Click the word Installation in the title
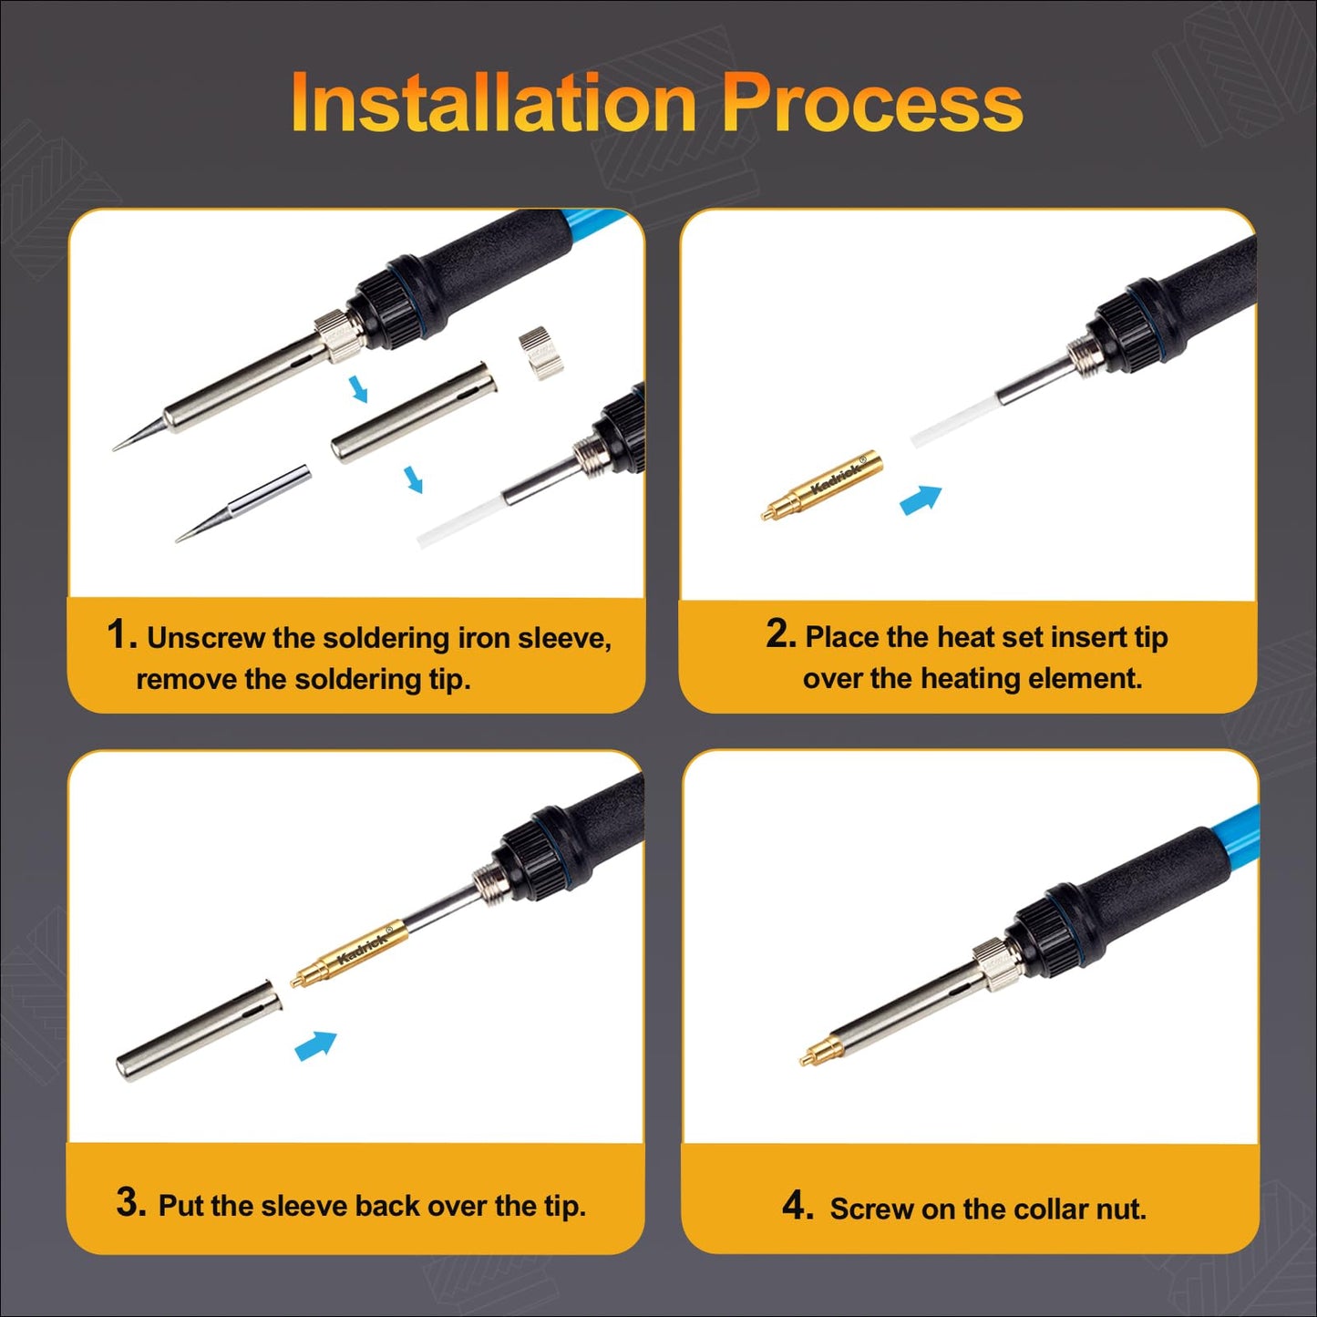click(493, 103)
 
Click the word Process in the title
click(872, 103)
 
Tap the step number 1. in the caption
click(121, 634)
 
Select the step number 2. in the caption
click(781, 633)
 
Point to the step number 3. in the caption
click(131, 1202)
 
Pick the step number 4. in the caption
click(797, 1206)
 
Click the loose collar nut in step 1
click(542, 355)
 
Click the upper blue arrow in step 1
click(359, 389)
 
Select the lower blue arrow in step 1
click(414, 478)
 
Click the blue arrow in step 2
click(921, 500)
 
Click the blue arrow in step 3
click(315, 1045)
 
